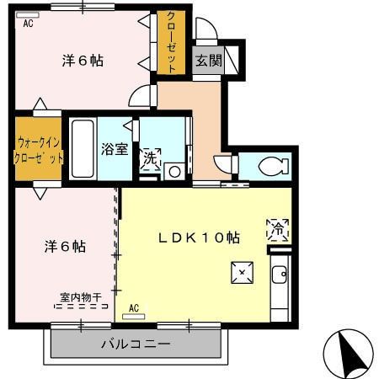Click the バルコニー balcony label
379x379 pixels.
pos(136,344)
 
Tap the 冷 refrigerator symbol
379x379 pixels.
pos(277,227)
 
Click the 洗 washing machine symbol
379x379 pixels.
pos(150,158)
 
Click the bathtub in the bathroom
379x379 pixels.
pos(83,147)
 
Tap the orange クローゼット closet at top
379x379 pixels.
pos(171,43)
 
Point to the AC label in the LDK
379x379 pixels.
pos(134,308)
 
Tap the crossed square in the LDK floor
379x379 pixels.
pos(241,271)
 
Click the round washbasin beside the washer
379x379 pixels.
pos(175,171)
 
